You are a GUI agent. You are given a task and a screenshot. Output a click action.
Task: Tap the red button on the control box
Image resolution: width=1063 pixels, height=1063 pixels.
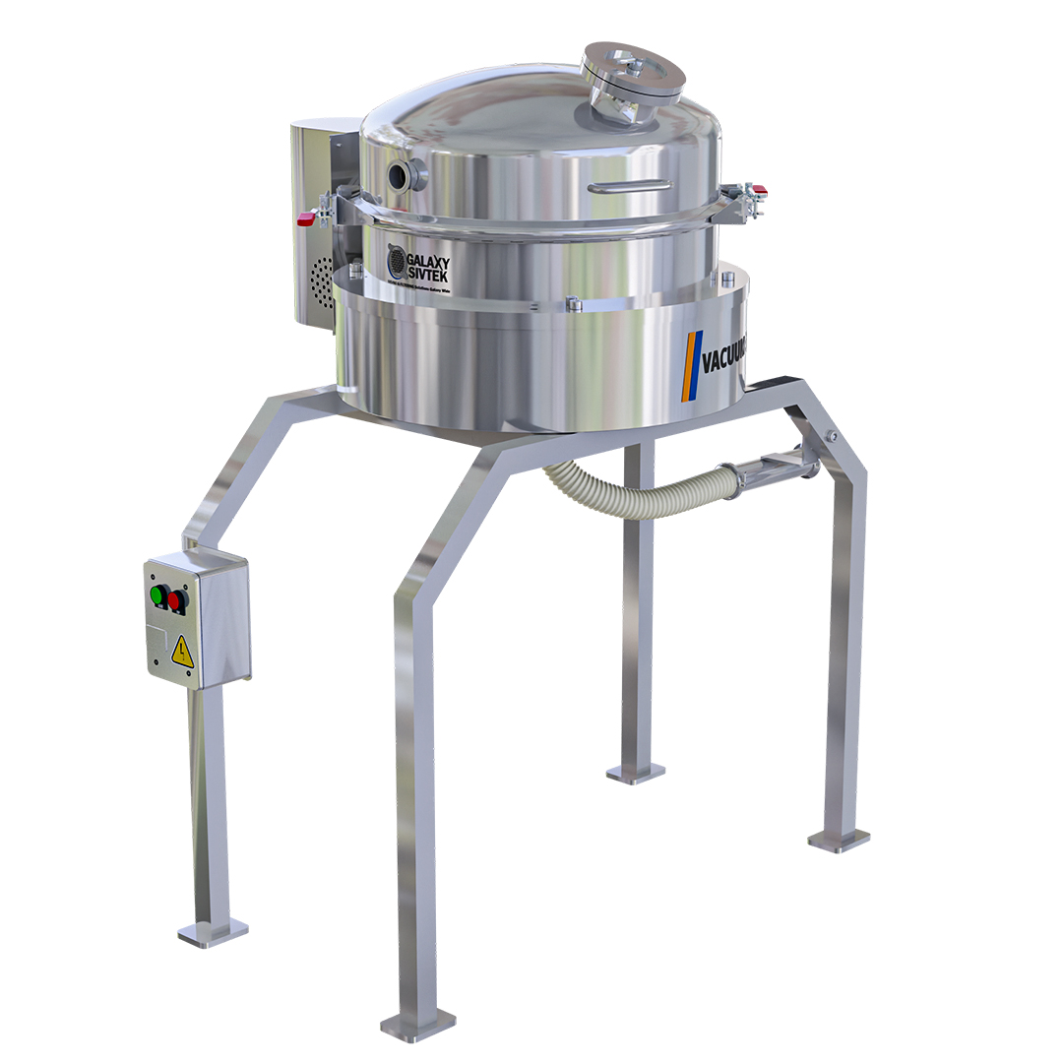coord(177,599)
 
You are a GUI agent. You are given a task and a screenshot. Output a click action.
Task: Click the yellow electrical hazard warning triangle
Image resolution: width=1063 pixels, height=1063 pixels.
coord(182,651)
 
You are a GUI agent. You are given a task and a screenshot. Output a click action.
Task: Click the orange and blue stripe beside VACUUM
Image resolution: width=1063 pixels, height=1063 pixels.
coord(691,366)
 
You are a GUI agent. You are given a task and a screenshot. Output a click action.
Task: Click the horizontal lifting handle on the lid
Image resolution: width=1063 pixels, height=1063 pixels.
coord(630,184)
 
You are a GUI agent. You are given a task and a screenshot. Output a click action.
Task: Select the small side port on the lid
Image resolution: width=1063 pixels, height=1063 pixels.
coord(404,176)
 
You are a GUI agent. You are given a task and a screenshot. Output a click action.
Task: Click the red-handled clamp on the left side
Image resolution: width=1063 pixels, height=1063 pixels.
coord(307,219)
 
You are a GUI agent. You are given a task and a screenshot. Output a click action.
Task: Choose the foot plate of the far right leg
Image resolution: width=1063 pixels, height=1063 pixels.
coord(839,840)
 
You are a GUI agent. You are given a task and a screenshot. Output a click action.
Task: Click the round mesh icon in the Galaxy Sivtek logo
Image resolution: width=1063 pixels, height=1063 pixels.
coord(396,263)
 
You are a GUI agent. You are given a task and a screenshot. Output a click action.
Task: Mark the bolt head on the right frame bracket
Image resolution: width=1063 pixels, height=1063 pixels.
coord(833,436)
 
